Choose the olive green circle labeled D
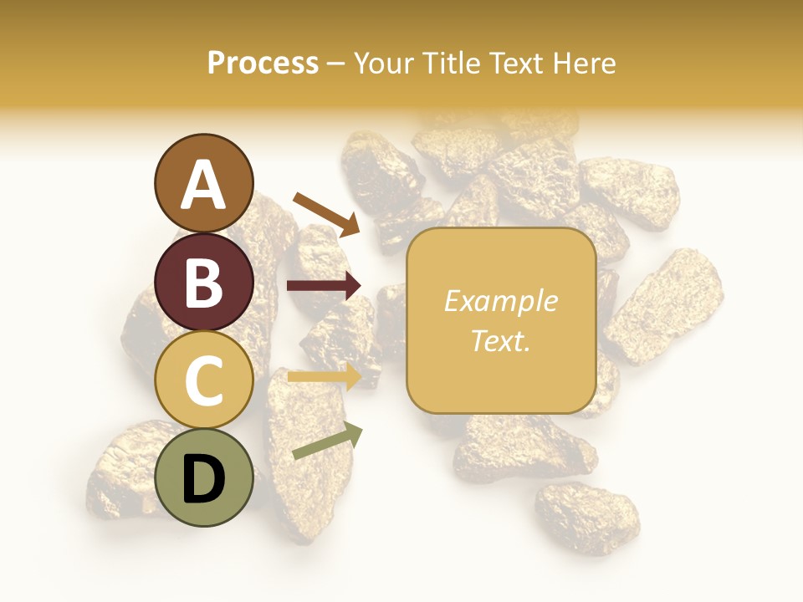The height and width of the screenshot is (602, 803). point(203,477)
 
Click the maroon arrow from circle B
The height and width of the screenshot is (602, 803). point(324,286)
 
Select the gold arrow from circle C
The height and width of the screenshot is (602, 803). point(324,377)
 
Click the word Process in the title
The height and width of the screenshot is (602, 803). point(263,63)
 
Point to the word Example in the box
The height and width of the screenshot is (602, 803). point(501,301)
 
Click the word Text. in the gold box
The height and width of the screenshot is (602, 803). point(501,340)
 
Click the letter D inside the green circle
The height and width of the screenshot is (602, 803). point(203,481)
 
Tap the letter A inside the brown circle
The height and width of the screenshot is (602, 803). point(203,186)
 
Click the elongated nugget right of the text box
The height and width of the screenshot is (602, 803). point(665,305)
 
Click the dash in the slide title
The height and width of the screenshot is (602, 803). point(336,64)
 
